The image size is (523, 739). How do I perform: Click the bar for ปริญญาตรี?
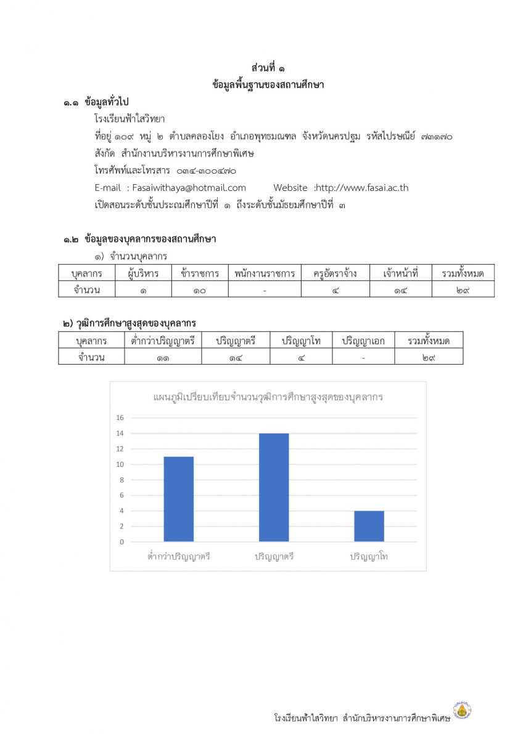273,487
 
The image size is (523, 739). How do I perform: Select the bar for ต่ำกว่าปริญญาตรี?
178,499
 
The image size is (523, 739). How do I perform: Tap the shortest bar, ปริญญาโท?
369,526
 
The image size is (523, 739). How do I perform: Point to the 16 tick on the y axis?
121,418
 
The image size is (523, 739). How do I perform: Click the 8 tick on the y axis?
121,480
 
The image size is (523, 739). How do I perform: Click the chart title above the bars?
268,397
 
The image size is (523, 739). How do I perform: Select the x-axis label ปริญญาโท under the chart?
369,556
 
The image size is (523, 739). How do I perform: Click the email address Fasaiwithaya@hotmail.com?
189,188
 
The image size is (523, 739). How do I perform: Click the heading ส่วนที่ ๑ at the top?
268,68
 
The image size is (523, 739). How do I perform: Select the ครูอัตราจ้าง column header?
335,273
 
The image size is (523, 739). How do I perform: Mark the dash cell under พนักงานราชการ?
264,289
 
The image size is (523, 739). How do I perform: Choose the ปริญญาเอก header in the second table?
363,340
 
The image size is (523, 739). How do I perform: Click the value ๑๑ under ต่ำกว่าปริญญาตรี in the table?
163,357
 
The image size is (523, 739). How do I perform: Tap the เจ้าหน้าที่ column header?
400,273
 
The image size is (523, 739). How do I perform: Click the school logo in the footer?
463,711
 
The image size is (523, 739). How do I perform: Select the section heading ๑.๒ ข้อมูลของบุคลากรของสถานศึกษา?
139,239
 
